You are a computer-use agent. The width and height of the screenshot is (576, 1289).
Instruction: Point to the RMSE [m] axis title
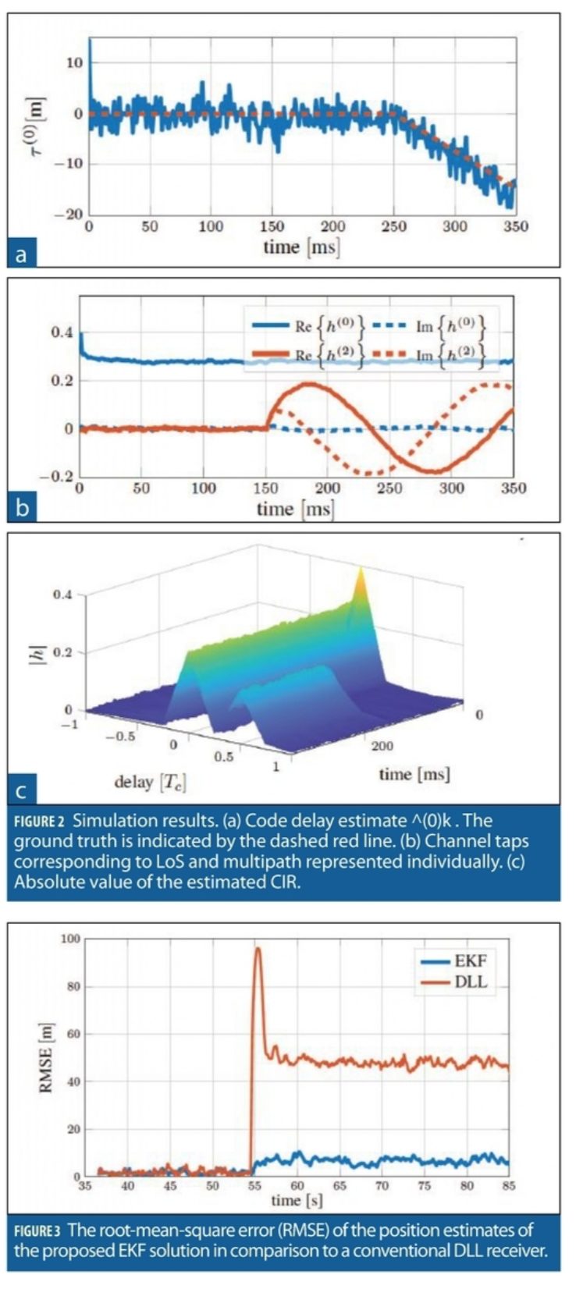(x=46, y=1057)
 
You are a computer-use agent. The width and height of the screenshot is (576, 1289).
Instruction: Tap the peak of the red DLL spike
(x=257, y=948)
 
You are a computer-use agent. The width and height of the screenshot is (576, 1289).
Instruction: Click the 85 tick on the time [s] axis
(x=508, y=1185)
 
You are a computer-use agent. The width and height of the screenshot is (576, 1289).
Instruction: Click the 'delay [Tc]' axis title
(x=150, y=781)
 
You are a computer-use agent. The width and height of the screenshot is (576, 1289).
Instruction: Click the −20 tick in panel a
(x=71, y=214)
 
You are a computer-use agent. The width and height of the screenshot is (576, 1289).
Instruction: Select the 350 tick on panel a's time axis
(x=516, y=226)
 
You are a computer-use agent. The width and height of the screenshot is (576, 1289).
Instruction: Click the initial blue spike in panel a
(x=89, y=43)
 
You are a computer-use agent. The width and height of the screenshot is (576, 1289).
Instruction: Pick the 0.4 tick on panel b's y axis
(x=62, y=333)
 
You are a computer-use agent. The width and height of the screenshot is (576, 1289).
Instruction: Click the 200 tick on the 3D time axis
(x=382, y=746)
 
